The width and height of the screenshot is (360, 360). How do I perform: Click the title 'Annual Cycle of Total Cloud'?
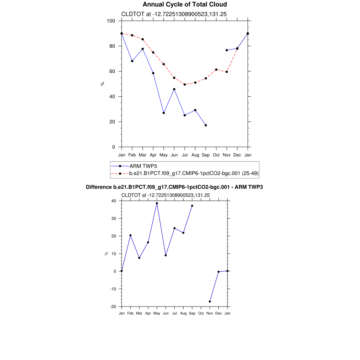coord(185,5)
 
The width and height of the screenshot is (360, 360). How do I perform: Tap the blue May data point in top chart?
coord(164,113)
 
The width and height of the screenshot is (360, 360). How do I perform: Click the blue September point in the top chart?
coord(206,125)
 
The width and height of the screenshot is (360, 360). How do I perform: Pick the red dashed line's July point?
coord(185,84)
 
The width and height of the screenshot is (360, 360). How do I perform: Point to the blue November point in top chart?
coord(227,50)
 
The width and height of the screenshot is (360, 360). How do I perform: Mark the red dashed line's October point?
coord(216,70)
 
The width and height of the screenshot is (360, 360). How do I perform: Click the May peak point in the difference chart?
coord(157,203)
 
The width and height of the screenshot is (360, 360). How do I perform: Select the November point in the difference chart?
coord(210,302)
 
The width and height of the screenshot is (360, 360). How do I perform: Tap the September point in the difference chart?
coord(192,206)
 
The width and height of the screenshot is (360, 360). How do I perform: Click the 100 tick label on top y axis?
coord(111,21)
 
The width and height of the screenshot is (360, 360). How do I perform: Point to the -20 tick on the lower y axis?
coord(113,307)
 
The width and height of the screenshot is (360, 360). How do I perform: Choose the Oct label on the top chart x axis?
coord(216,155)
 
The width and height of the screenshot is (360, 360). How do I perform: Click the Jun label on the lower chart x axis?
coord(166,313)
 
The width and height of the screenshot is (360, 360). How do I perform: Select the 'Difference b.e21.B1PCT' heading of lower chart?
coord(174,187)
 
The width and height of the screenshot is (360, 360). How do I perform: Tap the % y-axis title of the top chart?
coord(103,84)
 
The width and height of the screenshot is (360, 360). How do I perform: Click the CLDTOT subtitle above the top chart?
coord(174,14)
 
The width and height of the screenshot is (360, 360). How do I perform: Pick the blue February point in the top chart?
coord(132,61)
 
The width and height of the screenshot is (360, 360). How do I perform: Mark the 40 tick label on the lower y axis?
coord(114,201)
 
